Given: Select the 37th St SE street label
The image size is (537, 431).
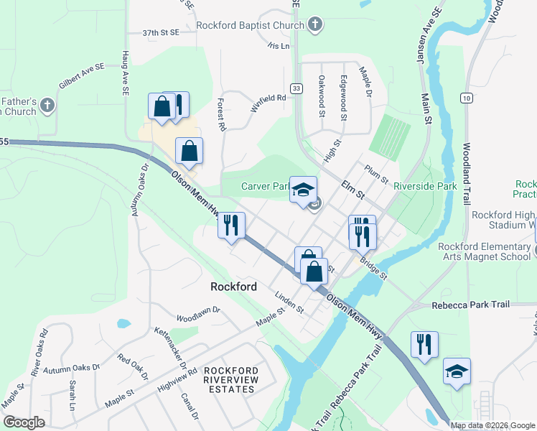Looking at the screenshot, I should click(x=160, y=33).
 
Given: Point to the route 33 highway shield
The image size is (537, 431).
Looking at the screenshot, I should click(x=295, y=88).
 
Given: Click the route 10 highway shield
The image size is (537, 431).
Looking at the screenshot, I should click(x=467, y=98).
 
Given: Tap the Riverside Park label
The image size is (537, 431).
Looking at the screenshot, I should click(x=426, y=186).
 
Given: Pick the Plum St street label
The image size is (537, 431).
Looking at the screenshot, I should click(x=375, y=173).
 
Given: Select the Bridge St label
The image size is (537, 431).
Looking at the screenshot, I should click(x=373, y=268).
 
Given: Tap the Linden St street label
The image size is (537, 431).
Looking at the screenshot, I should click(x=290, y=302).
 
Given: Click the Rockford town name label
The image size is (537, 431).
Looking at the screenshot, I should click(x=233, y=287).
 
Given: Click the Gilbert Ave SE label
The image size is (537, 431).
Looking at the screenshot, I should click(x=82, y=75).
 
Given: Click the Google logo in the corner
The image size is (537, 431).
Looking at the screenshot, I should click(x=24, y=422).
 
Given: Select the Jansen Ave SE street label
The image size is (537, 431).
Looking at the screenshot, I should click(x=429, y=37).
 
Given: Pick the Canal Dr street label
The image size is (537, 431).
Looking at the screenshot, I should click(x=190, y=406).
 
